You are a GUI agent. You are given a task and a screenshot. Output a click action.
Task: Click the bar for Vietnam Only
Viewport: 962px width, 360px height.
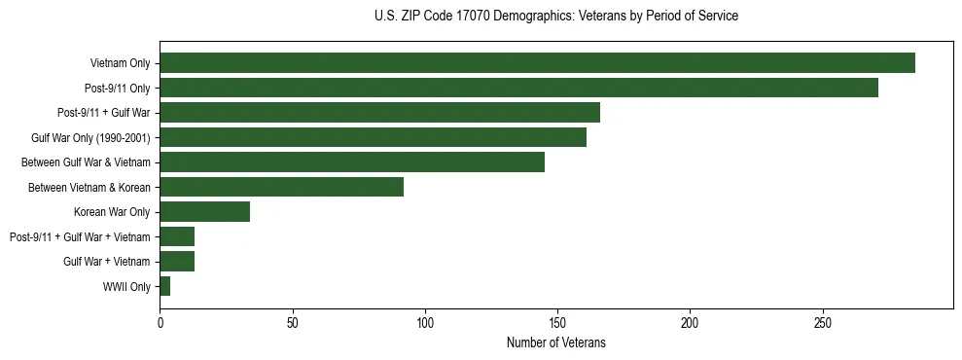[537, 63]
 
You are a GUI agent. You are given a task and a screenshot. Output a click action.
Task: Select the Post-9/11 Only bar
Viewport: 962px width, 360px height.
[518, 88]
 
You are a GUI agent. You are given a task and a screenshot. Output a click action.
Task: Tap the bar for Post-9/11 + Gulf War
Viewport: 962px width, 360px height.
[379, 113]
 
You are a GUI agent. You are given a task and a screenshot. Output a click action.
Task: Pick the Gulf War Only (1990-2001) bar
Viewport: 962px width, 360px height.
[373, 137]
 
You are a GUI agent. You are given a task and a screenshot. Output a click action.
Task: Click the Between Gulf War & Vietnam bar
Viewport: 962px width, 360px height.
[352, 162]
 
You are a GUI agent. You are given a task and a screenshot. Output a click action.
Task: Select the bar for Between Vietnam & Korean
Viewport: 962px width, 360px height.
[281, 187]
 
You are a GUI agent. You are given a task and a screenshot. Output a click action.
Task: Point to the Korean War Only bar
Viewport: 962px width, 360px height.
[204, 212]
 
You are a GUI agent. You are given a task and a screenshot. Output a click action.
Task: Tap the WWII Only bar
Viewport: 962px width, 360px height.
[164, 286]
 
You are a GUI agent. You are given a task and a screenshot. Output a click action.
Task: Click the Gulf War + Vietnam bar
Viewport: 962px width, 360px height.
[177, 261]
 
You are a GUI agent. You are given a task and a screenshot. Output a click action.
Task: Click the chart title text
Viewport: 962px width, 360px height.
[555, 17]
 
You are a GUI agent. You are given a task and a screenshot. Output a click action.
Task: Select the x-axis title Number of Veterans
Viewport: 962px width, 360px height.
[555, 342]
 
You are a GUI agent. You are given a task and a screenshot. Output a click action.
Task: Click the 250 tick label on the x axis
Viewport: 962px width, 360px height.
[823, 323]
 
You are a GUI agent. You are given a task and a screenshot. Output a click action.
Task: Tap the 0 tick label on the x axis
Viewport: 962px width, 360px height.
[160, 323]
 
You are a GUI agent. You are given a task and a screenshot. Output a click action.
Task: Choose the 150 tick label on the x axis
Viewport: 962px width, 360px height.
[557, 323]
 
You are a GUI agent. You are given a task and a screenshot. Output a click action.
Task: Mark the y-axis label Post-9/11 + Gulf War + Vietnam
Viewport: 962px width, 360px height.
[80, 236]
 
